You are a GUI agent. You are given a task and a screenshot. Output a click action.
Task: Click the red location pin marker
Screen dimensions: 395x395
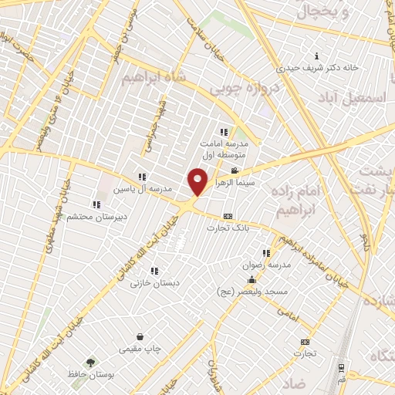coord(198,181)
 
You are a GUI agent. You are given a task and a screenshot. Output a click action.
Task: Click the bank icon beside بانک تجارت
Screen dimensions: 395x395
coord(227,217)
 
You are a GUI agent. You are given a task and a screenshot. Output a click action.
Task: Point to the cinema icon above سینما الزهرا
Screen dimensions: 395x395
coord(235,170)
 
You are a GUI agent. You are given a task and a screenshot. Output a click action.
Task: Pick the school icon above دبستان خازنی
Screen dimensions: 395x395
coord(154,272)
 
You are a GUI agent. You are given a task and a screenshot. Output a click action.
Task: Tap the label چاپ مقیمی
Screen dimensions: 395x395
coord(140,349)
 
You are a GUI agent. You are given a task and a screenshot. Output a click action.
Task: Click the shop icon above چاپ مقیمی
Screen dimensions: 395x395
coord(140,337)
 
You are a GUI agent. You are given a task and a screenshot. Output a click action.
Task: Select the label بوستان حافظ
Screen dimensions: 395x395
coord(89,373)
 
